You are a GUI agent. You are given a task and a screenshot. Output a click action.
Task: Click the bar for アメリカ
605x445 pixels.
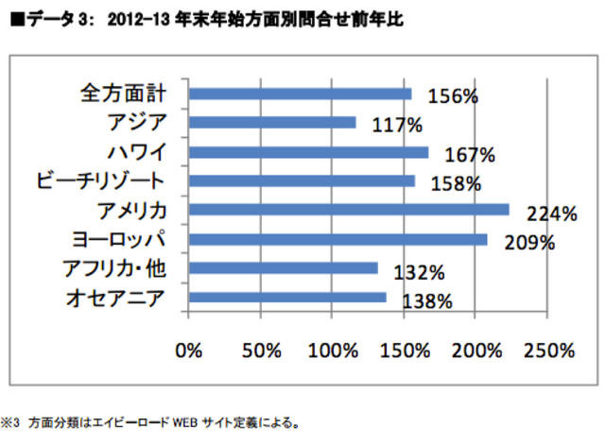(349, 210)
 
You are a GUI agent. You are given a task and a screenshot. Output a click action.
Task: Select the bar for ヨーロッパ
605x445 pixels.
(338, 239)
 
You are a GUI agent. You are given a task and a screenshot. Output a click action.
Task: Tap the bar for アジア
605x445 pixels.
(272, 122)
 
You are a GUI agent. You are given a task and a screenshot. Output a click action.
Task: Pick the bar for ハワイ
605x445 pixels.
(308, 151)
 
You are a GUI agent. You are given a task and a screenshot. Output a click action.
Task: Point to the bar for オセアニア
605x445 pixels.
(287, 298)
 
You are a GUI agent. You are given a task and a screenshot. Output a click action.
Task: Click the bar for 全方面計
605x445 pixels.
(301, 93)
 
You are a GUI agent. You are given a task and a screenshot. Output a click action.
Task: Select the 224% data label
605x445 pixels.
(553, 214)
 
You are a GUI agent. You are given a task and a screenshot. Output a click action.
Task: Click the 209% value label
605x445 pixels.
(529, 244)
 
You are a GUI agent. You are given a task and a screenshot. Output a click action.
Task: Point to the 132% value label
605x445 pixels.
(420, 273)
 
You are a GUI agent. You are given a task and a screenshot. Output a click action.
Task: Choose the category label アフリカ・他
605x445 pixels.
(119, 268)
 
